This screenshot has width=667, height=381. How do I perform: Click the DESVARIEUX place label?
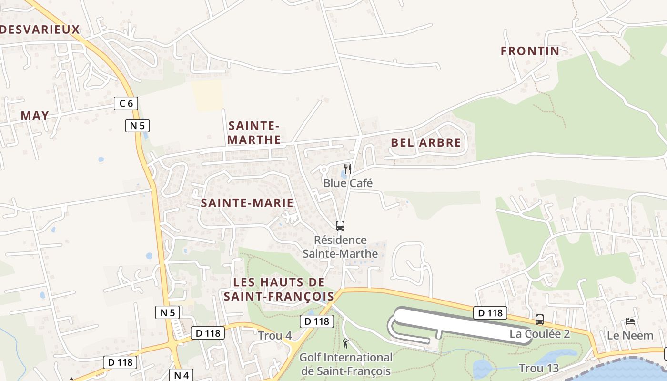(40, 30)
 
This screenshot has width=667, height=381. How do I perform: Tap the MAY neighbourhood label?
(35, 115)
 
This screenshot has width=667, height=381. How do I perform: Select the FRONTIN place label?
(530, 51)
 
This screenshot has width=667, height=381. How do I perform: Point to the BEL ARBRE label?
(426, 142)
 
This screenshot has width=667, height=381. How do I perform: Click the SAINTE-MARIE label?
(247, 203)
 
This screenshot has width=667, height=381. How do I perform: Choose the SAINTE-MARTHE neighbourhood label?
(254, 133)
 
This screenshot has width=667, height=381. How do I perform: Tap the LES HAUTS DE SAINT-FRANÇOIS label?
(279, 289)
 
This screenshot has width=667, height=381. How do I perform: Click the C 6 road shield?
(126, 103)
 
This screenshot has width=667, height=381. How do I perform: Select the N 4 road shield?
(182, 375)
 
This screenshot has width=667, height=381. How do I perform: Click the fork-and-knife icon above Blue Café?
(348, 169)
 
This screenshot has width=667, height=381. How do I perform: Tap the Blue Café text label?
(348, 183)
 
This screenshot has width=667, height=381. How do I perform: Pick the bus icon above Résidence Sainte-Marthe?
(340, 226)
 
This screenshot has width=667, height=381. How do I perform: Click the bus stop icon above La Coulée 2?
(540, 320)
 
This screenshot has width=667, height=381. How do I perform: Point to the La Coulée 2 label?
(540, 334)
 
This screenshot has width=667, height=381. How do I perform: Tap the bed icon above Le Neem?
(630, 321)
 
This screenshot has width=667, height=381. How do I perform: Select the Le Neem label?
(630, 335)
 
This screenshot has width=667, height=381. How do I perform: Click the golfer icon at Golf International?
(346, 343)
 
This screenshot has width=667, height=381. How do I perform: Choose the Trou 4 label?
(275, 336)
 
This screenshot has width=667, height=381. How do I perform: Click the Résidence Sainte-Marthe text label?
(340, 247)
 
